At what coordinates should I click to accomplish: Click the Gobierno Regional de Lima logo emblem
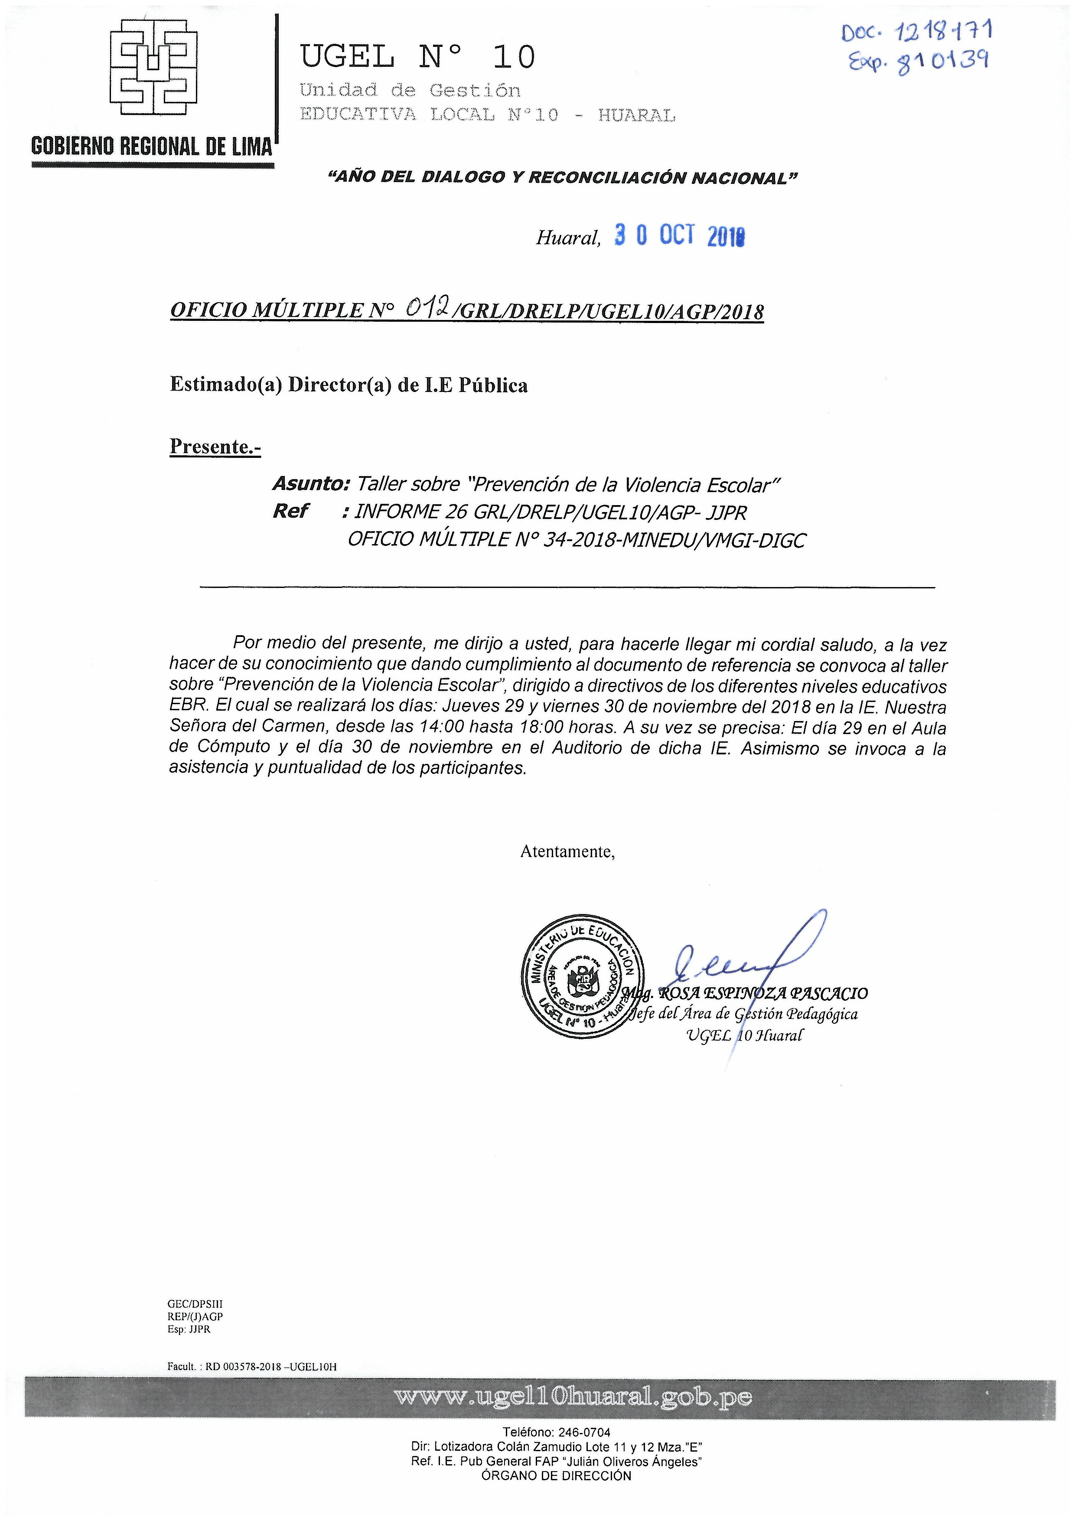tap(153, 68)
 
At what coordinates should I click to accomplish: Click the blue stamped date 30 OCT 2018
tap(679, 236)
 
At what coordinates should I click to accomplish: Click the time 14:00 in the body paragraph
tap(442, 727)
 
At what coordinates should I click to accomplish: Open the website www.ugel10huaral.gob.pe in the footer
tap(573, 1398)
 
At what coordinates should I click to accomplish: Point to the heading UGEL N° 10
tap(417, 57)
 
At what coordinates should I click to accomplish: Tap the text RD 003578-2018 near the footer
tap(238, 1367)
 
